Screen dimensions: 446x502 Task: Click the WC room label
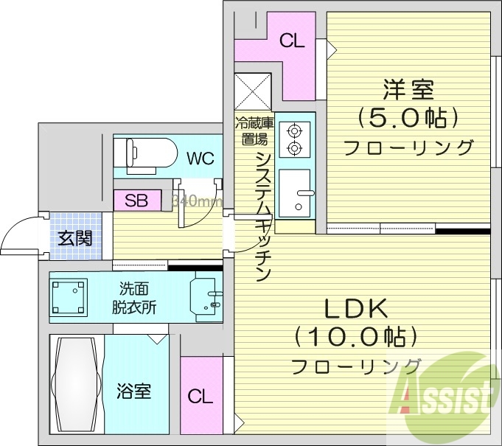200,157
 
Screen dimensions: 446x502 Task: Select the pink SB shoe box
136,200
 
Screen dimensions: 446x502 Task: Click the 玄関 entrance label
75,239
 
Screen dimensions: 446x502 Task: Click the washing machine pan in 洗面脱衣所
69,296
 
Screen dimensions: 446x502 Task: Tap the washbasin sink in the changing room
206,296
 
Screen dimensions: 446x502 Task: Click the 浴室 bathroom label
133,391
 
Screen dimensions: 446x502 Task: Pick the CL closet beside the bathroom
200,396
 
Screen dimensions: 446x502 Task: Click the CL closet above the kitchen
293,42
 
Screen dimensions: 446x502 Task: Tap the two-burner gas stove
296,139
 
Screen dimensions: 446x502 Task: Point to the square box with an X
254,91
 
